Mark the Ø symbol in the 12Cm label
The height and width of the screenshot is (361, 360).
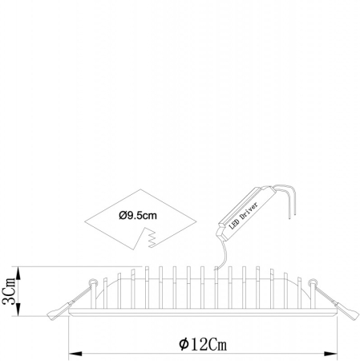click(184, 344)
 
